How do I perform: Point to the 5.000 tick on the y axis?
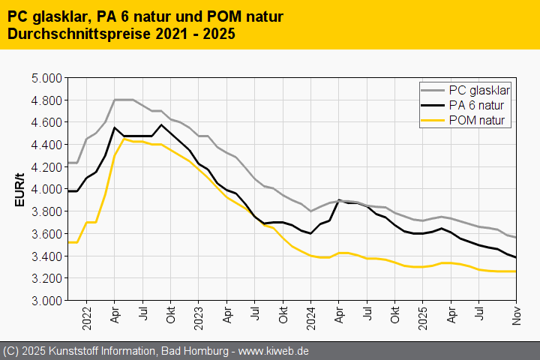(x=46, y=78)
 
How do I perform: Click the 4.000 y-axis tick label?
(x=46, y=189)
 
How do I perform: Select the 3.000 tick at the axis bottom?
(x=46, y=301)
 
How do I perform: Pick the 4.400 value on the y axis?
(x=46, y=145)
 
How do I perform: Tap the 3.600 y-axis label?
(x=46, y=234)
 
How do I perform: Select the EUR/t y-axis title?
(x=20, y=189)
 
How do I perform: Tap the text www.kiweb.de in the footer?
(x=274, y=351)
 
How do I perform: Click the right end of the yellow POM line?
(x=516, y=271)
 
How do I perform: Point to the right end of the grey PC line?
(x=516, y=237)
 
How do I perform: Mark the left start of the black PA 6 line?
(x=68, y=191)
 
